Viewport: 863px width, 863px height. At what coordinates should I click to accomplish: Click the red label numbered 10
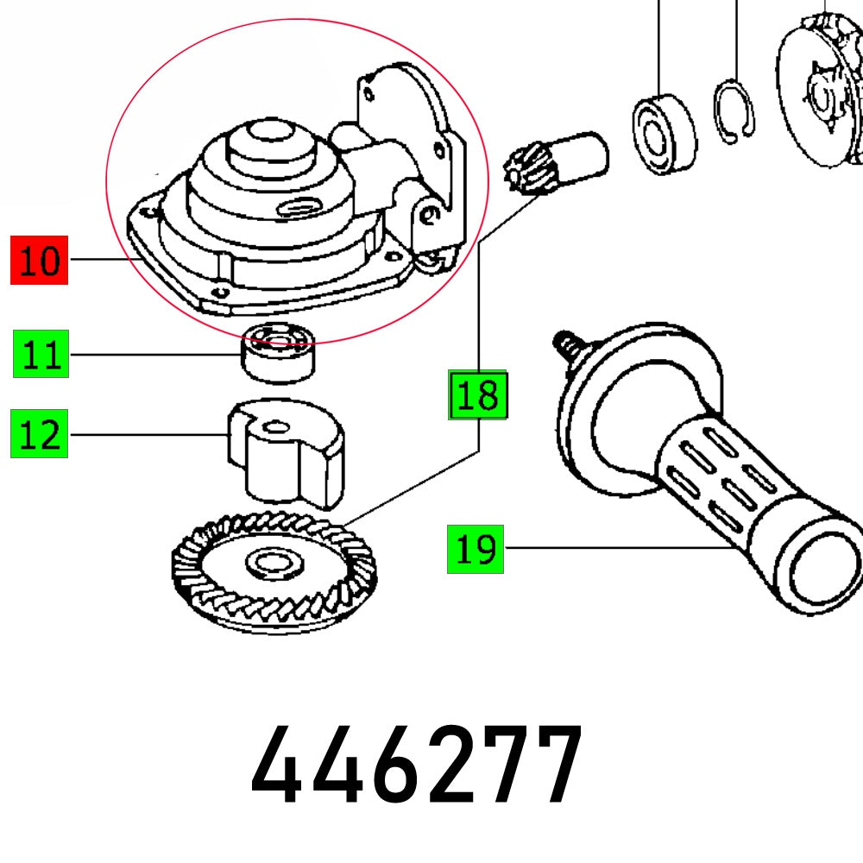pos(39,260)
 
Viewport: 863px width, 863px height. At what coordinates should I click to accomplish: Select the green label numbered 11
pos(40,356)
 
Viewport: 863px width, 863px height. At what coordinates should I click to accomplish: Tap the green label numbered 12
pos(40,435)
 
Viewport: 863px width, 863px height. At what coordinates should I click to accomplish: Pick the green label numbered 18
pos(477,395)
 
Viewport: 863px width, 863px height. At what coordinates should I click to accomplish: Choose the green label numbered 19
pos(476,549)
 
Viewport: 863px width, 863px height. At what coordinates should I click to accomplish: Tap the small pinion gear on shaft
pos(525,171)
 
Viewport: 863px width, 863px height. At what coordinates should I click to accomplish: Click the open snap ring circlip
pos(734,112)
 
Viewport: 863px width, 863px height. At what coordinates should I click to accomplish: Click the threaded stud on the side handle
pos(569,345)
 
